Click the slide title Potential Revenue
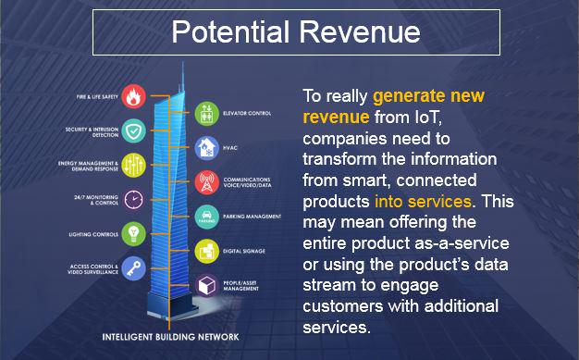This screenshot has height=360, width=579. pos(295,32)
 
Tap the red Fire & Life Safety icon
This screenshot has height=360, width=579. pos(134,96)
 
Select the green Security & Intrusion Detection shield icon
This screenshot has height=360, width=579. pos(134,132)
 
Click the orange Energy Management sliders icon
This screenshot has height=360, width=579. pos(134,167)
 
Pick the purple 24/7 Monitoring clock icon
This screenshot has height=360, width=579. pos(134,200)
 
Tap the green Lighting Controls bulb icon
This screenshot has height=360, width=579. pos(134,233)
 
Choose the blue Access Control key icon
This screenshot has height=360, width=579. pos(134,268)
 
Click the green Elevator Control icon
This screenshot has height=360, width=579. pos(205,114)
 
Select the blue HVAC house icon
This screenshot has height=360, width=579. pos(205,146)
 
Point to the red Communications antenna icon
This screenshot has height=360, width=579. pos(205,181)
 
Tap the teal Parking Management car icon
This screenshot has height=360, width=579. pos(205,216)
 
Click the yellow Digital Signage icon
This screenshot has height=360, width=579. pos(205,250)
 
